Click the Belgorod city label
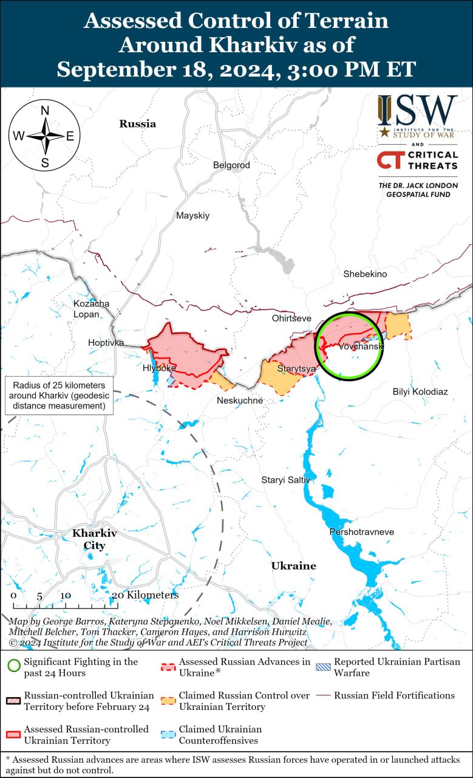click(231, 165)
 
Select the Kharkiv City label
click(94, 539)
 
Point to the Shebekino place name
click(365, 274)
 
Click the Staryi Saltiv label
click(285, 480)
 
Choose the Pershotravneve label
click(361, 532)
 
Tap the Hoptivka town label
click(106, 343)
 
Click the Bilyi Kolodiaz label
click(420, 391)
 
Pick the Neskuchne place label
click(240, 401)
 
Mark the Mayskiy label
click(192, 215)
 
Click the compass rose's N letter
click(44, 111)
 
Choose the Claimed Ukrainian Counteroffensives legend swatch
click(168, 734)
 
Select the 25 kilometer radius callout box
click(58, 396)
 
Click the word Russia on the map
click(137, 124)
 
